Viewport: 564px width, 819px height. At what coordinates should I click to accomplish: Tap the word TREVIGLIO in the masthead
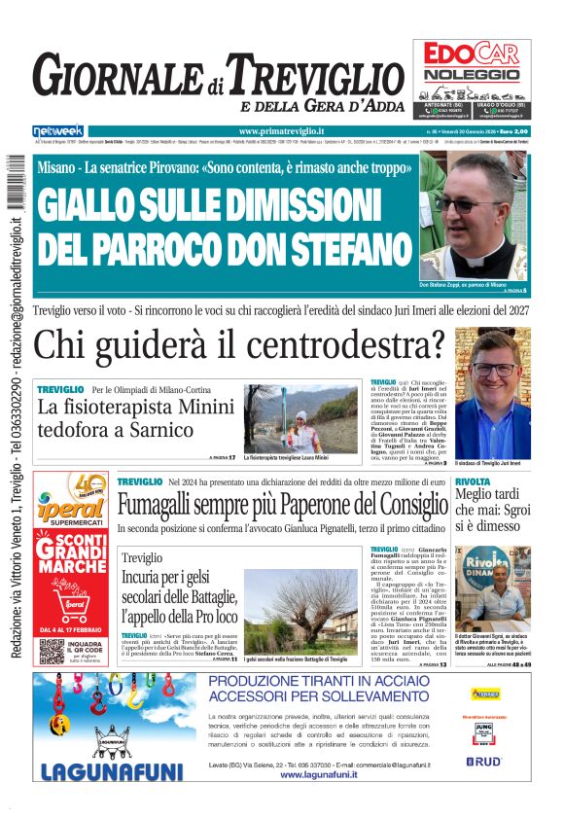[x=306, y=76]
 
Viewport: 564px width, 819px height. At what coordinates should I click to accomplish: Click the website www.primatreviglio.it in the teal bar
[x=281, y=131]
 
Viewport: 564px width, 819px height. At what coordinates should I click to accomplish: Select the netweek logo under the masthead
[x=58, y=130]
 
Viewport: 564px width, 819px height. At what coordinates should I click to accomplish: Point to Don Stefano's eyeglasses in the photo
[x=471, y=204]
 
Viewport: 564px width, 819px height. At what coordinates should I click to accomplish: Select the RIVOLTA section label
[x=473, y=481]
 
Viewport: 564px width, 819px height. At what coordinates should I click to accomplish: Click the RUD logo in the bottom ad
[x=487, y=762]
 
